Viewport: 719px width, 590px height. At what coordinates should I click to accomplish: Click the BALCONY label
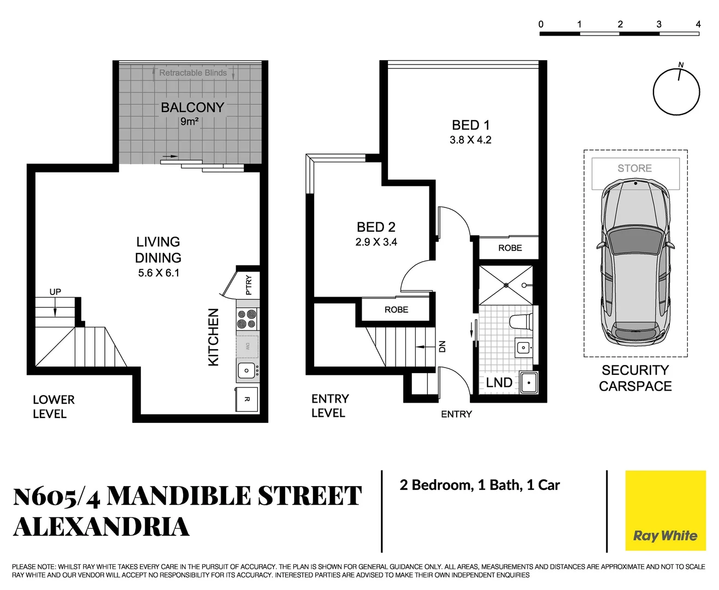click(x=192, y=108)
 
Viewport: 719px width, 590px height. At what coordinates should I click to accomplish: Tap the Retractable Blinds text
click(x=192, y=73)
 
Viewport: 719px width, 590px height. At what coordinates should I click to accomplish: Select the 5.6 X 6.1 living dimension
click(x=158, y=273)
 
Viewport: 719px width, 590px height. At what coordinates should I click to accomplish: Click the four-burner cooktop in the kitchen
click(x=247, y=319)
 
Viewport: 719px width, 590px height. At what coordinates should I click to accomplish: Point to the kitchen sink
click(x=246, y=371)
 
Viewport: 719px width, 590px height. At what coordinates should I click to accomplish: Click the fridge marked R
click(x=247, y=399)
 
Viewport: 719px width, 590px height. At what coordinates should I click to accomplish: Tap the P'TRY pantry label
click(x=249, y=285)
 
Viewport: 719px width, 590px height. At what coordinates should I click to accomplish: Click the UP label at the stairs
click(x=55, y=292)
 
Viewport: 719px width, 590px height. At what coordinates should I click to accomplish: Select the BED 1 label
click(x=470, y=125)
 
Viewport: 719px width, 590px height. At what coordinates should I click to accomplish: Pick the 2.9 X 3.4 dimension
click(x=376, y=242)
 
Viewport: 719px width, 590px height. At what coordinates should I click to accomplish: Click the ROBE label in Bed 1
click(x=510, y=248)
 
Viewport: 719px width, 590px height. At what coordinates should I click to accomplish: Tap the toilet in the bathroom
click(x=522, y=322)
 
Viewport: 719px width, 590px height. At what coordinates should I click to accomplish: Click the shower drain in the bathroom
click(x=506, y=285)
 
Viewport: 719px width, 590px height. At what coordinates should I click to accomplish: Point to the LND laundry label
click(x=499, y=382)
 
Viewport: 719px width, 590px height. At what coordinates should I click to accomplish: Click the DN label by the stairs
click(x=443, y=346)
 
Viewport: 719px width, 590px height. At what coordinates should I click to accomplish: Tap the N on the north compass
click(x=681, y=65)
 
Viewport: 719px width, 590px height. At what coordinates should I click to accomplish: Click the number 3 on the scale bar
click(x=659, y=24)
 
